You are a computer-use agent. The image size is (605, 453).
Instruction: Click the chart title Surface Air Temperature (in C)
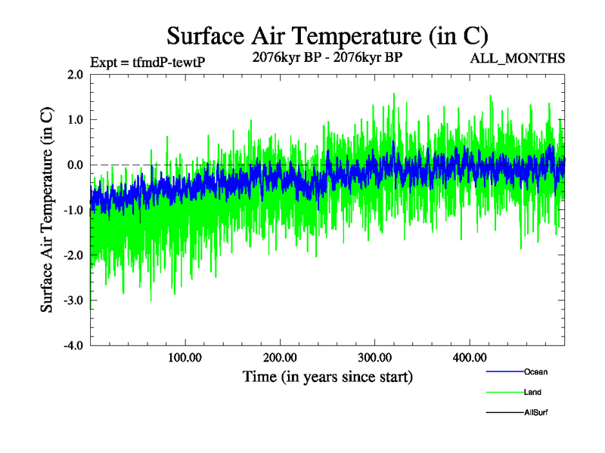(327, 35)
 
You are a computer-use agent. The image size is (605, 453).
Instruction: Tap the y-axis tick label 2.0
(74, 75)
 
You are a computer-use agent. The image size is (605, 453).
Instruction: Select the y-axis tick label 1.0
(74, 120)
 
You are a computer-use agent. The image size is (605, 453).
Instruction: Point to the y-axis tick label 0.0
(74, 165)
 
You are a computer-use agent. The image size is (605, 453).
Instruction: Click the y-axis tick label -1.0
(73, 211)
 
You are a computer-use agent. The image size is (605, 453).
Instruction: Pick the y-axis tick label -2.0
(73, 256)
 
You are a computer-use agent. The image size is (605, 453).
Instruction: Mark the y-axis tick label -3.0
(73, 301)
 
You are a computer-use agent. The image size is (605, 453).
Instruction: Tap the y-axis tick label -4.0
(73, 347)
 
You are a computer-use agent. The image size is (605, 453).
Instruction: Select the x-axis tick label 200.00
(280, 357)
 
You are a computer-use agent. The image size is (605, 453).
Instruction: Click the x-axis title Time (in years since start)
(327, 376)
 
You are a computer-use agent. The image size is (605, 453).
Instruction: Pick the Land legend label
(532, 393)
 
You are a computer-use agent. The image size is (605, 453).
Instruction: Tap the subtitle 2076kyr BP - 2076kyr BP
(327, 57)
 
